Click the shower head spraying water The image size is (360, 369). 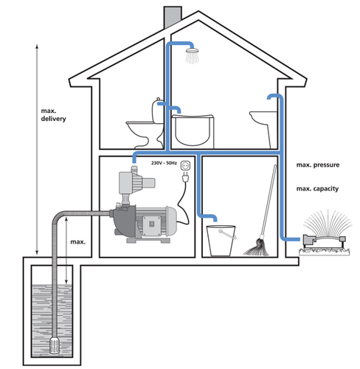(192, 55)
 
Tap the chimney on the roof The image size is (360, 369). (173, 17)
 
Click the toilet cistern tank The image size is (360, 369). (157, 111)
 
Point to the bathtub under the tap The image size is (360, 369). (193, 131)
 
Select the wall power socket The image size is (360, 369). (185, 165)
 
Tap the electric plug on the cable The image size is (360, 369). (186, 177)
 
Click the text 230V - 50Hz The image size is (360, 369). (164, 163)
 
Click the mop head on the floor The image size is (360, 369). (256, 247)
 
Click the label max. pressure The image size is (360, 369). (318, 165)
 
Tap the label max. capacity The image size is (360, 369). (317, 189)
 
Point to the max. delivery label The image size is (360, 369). (53, 115)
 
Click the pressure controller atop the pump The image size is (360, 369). (134, 182)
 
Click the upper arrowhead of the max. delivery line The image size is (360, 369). (37, 46)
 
